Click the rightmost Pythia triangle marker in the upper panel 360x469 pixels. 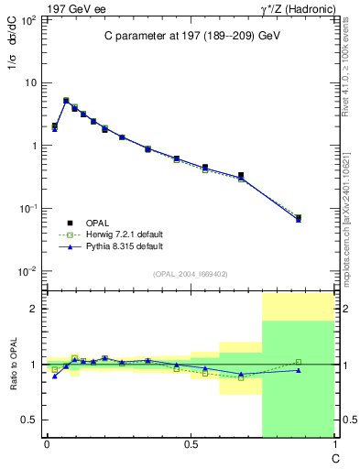pyautogui.click(x=299, y=220)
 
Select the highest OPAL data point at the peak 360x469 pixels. pyautogui.click(x=66, y=101)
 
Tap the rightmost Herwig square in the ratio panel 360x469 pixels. pyautogui.click(x=299, y=362)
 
